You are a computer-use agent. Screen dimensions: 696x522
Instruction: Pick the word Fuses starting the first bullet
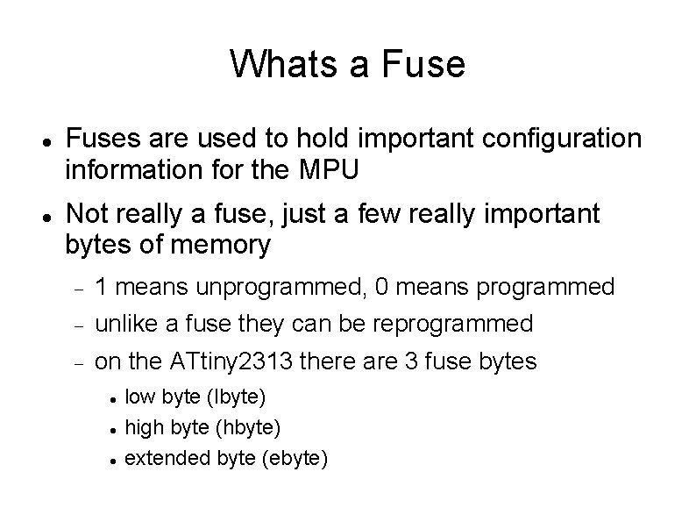click(101, 139)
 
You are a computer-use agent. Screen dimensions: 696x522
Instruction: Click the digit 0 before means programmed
click(383, 286)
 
